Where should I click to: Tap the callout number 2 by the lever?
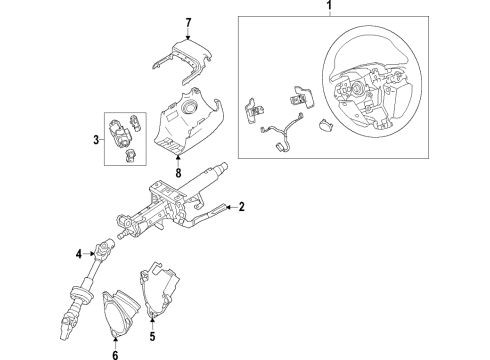[x=241, y=207]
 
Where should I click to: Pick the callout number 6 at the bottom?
[x=115, y=354]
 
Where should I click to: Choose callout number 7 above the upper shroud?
[x=188, y=21]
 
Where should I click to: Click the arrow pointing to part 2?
[x=229, y=207]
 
